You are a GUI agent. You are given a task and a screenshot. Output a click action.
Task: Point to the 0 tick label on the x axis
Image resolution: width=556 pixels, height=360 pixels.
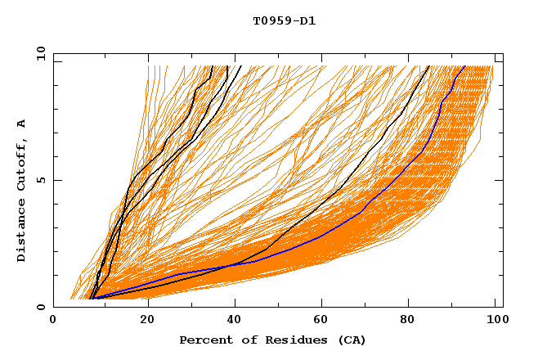(53, 320)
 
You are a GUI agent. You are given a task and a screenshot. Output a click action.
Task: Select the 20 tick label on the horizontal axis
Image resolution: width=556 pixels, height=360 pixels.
(147, 320)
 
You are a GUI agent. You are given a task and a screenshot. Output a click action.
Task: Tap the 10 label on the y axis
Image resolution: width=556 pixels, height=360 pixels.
(38, 53)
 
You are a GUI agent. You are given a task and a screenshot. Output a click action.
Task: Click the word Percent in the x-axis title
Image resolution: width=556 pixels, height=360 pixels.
(204, 340)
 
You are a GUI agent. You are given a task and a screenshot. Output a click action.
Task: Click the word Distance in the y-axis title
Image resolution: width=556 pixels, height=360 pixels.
(22, 232)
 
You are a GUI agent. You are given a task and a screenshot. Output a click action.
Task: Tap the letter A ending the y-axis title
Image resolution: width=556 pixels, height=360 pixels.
(22, 123)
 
